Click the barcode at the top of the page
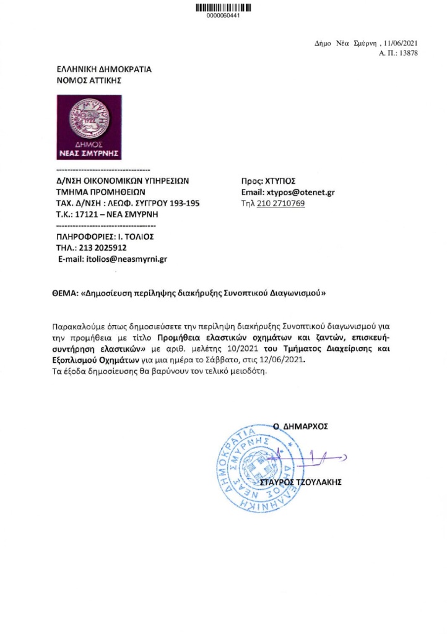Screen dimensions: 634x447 223,7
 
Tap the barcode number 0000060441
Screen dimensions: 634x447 223,16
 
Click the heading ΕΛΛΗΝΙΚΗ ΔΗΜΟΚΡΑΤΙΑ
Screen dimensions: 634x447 103,70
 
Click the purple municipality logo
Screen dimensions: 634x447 89,126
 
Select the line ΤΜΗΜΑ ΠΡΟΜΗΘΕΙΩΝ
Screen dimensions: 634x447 100,193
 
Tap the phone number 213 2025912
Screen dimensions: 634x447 102,248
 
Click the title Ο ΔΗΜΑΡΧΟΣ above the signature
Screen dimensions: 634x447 300,426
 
